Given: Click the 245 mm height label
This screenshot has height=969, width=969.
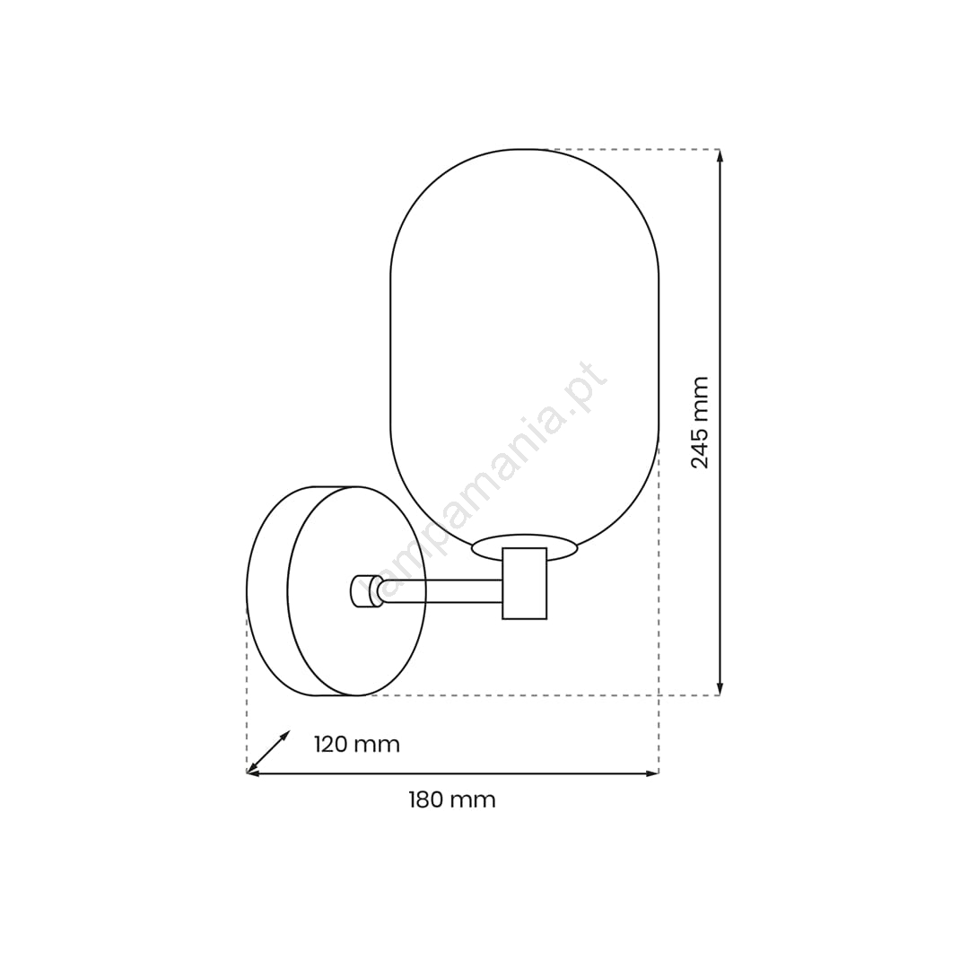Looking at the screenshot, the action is coord(700,423).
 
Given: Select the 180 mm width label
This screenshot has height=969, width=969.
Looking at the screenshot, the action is coord(451,799).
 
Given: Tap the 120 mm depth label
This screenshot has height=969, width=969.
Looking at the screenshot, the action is coord(356,744).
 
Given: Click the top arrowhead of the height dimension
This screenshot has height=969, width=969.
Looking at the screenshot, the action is coord(720,155).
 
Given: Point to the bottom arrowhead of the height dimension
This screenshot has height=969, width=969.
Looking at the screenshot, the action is coord(720,689).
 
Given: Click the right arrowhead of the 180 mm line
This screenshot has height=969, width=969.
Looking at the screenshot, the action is coord(652,773).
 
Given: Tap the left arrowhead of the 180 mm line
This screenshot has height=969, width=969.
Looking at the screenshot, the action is coord(253,773).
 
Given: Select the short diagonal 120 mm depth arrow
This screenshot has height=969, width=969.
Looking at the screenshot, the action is coord(268,752).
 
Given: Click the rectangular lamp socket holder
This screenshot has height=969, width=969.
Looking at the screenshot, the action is coord(525,583).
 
